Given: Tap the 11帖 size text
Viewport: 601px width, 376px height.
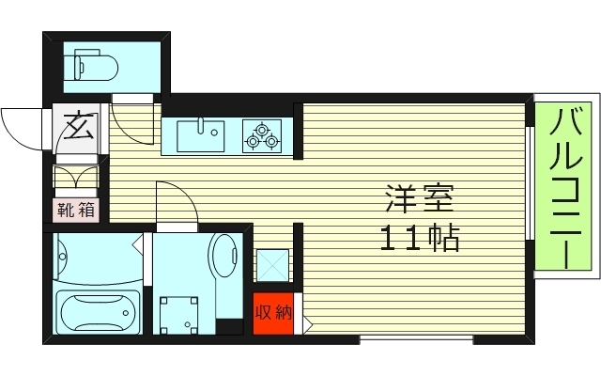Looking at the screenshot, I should point(420,239).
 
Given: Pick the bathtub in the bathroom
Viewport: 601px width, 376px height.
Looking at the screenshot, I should point(97,312).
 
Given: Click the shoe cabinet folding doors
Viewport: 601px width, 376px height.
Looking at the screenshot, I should point(78,179).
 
